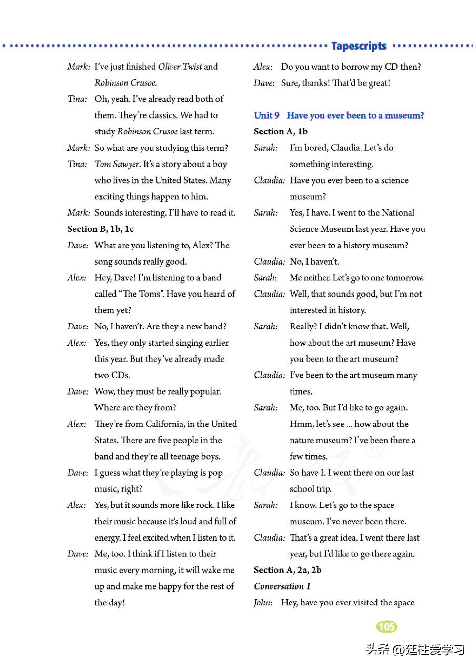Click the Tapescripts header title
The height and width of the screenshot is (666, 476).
359,46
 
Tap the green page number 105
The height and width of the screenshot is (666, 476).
386,627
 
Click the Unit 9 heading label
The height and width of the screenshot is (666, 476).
267,115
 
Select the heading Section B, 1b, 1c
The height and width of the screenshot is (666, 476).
100,229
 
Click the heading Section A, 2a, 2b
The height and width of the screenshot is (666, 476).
287,570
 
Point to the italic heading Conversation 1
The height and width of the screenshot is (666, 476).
282,586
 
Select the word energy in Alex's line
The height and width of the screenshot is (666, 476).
107,537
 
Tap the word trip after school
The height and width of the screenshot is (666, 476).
324,489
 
